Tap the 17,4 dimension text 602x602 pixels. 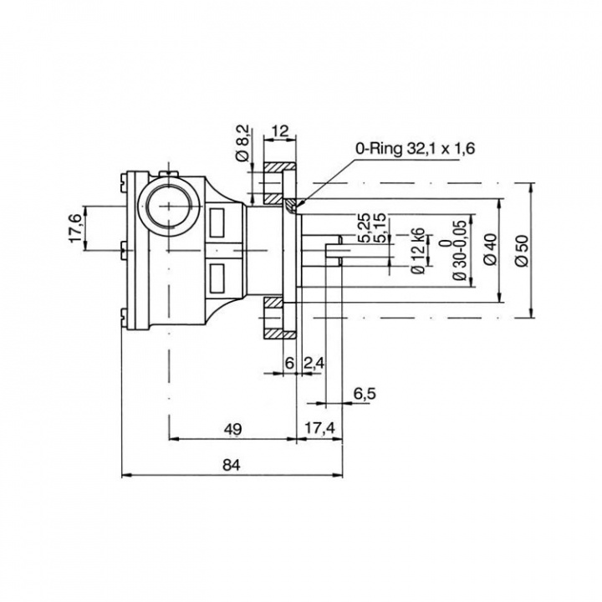[320, 428]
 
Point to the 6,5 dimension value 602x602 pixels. [365, 393]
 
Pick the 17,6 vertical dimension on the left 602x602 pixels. [75, 228]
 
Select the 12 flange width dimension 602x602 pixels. [279, 130]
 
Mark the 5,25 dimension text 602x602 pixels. [363, 227]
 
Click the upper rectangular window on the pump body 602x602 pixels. [219, 224]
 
